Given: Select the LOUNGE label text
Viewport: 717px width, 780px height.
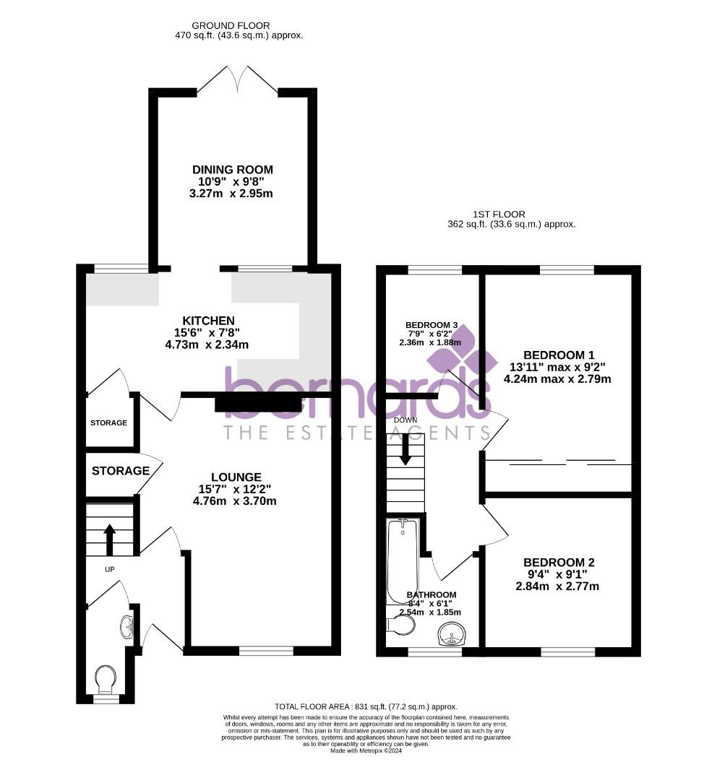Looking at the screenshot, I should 236,477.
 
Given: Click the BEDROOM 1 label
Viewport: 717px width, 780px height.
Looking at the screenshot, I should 559,355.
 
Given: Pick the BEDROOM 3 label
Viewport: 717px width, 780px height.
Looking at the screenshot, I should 432,324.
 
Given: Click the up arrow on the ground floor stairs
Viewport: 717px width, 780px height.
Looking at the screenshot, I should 110,538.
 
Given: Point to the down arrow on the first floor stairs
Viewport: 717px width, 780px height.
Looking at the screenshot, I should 405,448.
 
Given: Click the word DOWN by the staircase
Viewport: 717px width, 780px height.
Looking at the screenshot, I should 405,420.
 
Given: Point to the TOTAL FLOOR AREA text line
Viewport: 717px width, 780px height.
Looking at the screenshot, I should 366,706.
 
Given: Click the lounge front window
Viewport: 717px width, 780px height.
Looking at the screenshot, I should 266,651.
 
